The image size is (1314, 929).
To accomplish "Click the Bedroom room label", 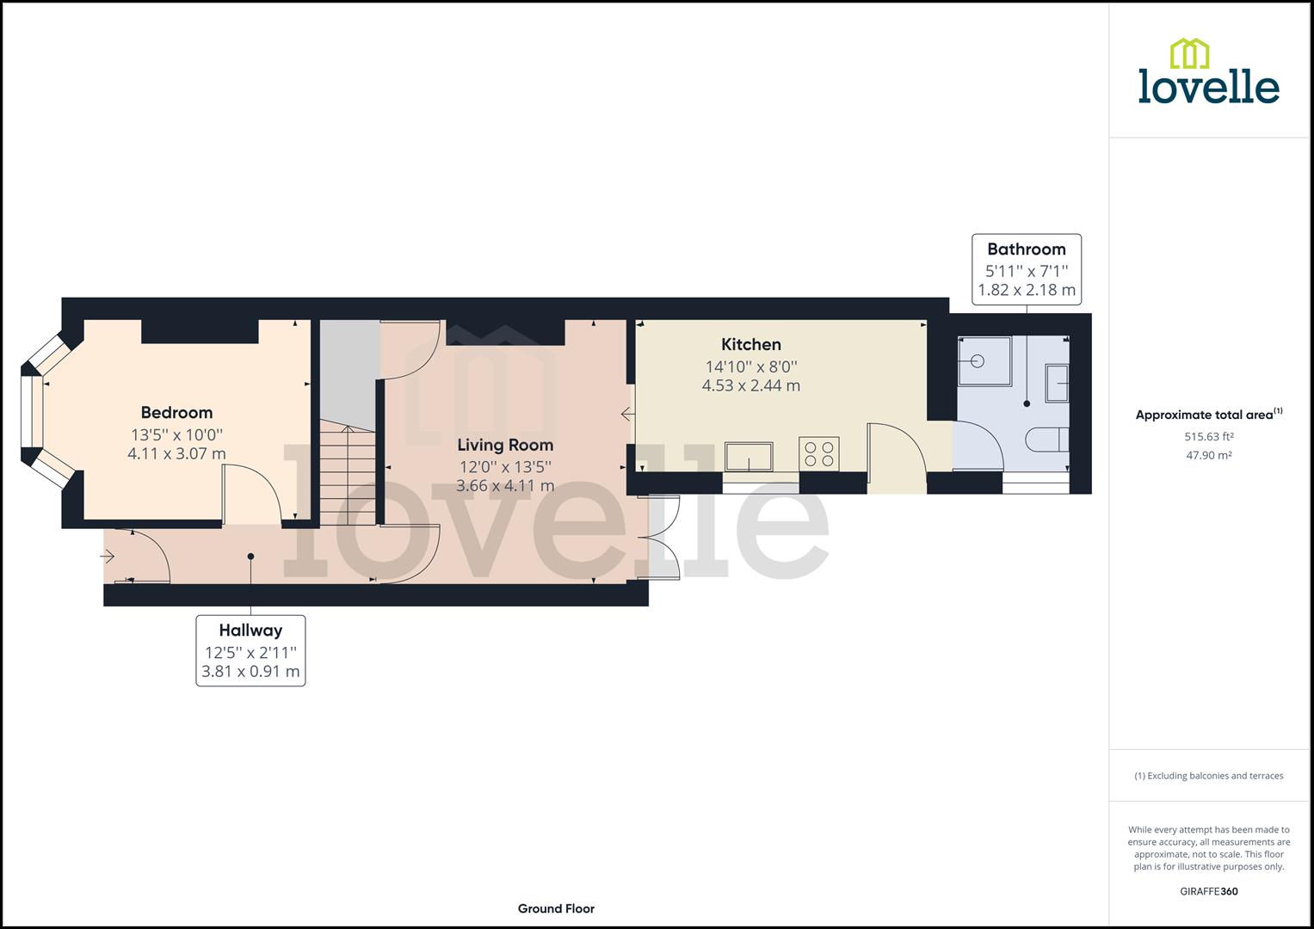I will coord(176,412).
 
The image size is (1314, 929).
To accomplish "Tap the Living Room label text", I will coord(504,445).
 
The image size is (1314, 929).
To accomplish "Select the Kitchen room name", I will coord(750,344).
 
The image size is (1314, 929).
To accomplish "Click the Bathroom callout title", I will coord(1026,249).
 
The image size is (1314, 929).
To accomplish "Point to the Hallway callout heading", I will coord(250,631).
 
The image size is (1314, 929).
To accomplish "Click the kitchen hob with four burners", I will coord(819,454).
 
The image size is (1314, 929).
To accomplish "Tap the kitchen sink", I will coord(748,456).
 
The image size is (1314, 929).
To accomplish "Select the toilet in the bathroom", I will coord(1049,440).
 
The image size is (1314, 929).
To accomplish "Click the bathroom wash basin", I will coord(1058,383).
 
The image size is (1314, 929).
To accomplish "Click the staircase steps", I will coord(348,473).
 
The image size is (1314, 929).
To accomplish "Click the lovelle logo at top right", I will coord(1208,72).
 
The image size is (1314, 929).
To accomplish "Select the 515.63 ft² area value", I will coord(1209,436).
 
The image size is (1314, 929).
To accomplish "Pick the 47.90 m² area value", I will coord(1209,455).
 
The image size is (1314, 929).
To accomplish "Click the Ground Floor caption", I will coord(556,908).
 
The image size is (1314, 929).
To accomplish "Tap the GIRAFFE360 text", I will coord(1208,891).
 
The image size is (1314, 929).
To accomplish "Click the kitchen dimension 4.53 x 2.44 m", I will coord(750,385).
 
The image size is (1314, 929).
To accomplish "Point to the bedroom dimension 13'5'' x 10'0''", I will coord(176,434).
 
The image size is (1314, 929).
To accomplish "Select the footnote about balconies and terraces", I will coord(1208,775).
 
